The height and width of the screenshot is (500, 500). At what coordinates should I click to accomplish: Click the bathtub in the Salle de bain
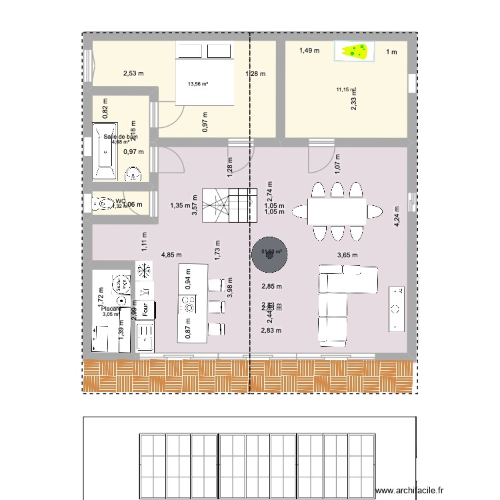[x=104, y=151]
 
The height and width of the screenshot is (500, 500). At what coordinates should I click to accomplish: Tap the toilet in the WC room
[x=103, y=203]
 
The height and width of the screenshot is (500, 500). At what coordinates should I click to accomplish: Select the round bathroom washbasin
[x=134, y=174]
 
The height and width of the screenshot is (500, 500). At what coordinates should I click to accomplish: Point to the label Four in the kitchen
[x=145, y=310]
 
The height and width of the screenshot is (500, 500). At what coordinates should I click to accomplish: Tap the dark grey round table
[x=269, y=254]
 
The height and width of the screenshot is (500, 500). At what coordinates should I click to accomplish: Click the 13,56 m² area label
[x=198, y=84]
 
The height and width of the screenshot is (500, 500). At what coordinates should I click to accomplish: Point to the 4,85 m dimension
[x=172, y=255]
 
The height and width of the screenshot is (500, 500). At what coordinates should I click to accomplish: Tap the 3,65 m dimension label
[x=347, y=255]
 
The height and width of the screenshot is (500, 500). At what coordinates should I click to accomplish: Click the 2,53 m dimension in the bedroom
[x=133, y=73]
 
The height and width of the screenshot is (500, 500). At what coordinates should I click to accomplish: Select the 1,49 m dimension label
[x=309, y=50]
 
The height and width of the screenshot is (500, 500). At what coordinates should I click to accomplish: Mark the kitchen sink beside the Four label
[x=145, y=340]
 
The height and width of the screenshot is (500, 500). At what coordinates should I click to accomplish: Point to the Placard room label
[x=111, y=309]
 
